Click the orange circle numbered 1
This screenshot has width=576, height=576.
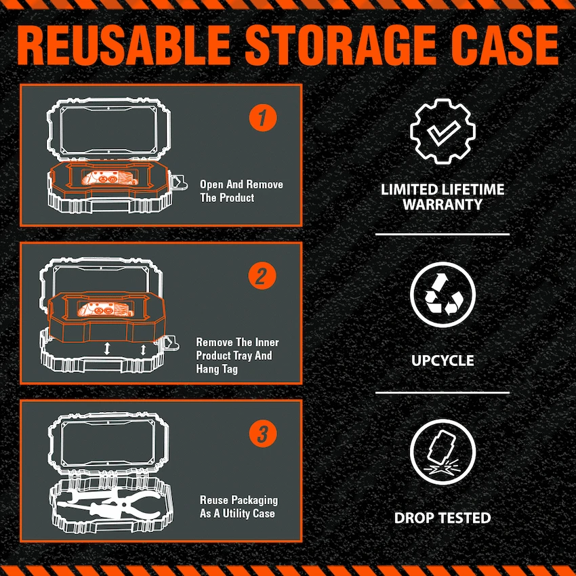point(262,118)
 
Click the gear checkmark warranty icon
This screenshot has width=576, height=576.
point(443,132)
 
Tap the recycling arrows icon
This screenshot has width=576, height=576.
point(443,295)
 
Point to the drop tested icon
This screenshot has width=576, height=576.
point(443,451)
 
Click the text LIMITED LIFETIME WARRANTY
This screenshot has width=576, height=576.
point(443,197)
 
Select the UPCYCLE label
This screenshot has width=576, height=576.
point(443,360)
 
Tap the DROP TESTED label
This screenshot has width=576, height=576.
point(443,518)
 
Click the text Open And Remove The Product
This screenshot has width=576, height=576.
point(241,191)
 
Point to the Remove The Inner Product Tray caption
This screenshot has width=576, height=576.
point(237,356)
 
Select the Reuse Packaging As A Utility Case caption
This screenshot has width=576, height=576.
point(239,507)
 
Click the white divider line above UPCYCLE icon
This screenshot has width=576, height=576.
point(443,234)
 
